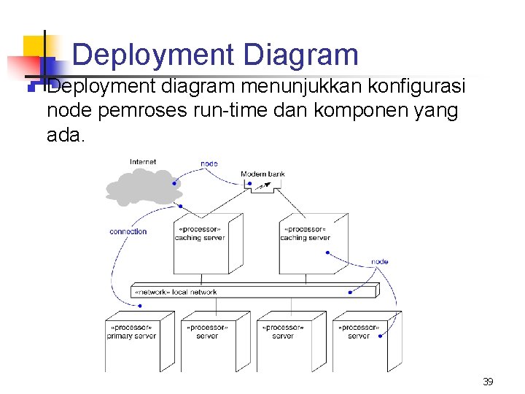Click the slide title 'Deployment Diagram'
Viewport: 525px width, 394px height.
(x=216, y=55)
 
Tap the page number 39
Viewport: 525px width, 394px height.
(x=488, y=382)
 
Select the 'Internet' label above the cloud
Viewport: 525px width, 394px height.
(x=143, y=162)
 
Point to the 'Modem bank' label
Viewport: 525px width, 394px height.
(x=262, y=174)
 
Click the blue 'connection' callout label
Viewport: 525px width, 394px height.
(x=128, y=231)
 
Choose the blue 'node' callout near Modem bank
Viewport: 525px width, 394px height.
(x=209, y=163)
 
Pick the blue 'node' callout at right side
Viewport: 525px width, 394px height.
(x=379, y=261)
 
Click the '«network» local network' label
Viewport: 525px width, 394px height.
(x=174, y=292)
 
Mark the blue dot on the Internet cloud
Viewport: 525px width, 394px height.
(x=174, y=184)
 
